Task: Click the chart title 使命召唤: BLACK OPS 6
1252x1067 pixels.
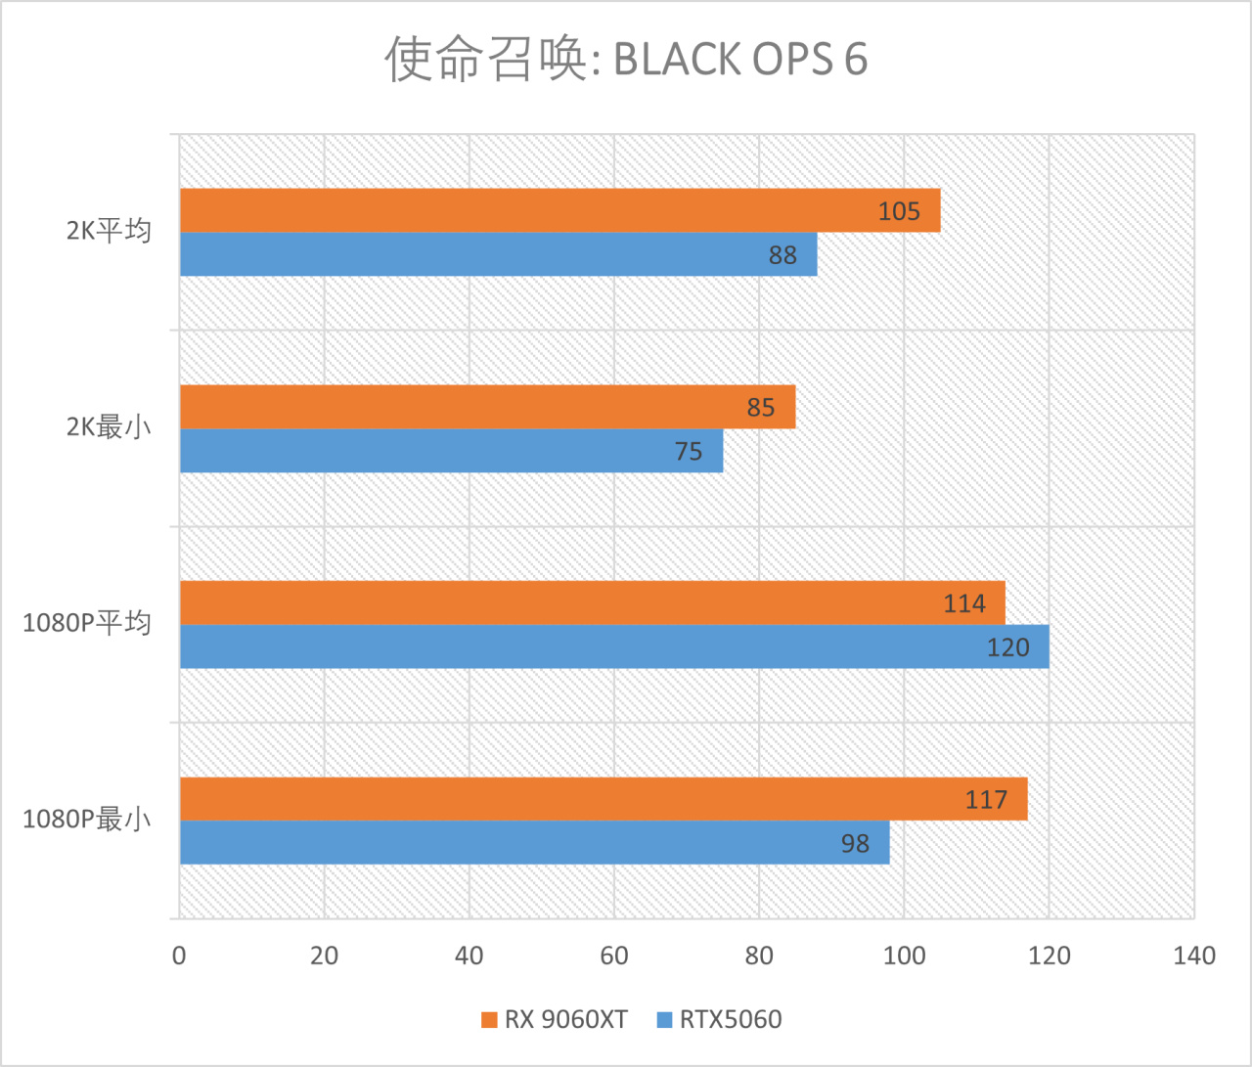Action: (x=626, y=59)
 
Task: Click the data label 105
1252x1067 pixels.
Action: (x=899, y=211)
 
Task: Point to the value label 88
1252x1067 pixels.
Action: (x=782, y=255)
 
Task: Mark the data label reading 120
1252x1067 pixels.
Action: (x=1007, y=647)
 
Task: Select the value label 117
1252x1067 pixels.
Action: (x=986, y=800)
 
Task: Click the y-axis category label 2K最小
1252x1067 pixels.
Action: (x=109, y=427)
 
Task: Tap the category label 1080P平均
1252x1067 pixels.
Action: (x=87, y=623)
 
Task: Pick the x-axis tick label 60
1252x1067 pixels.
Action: (x=614, y=956)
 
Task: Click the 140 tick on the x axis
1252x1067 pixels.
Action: (x=1194, y=956)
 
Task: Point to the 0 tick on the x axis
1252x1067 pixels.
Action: (x=179, y=956)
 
